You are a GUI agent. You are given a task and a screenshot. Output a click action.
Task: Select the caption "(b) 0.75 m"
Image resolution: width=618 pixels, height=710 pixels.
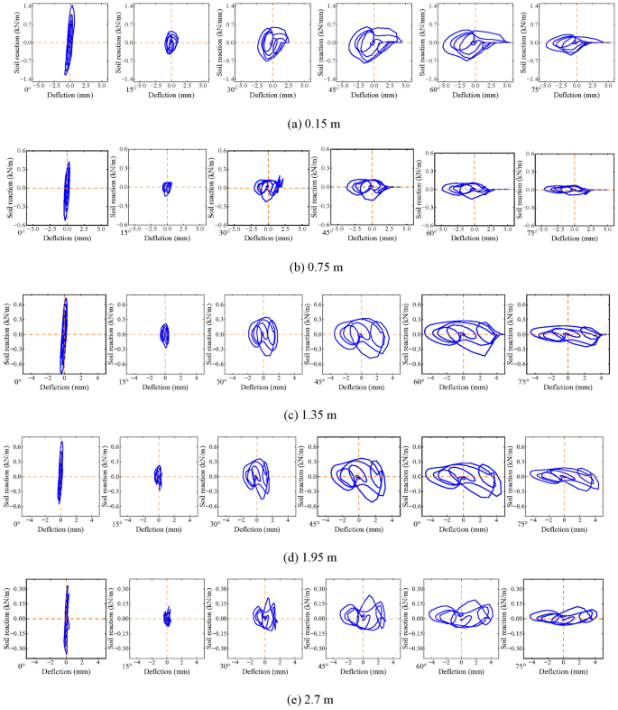[309, 267]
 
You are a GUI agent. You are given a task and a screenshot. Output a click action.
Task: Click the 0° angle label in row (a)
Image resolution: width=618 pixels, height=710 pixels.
[26, 90]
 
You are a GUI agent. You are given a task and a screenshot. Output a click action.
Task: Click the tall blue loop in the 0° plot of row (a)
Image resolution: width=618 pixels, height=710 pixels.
[69, 41]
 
